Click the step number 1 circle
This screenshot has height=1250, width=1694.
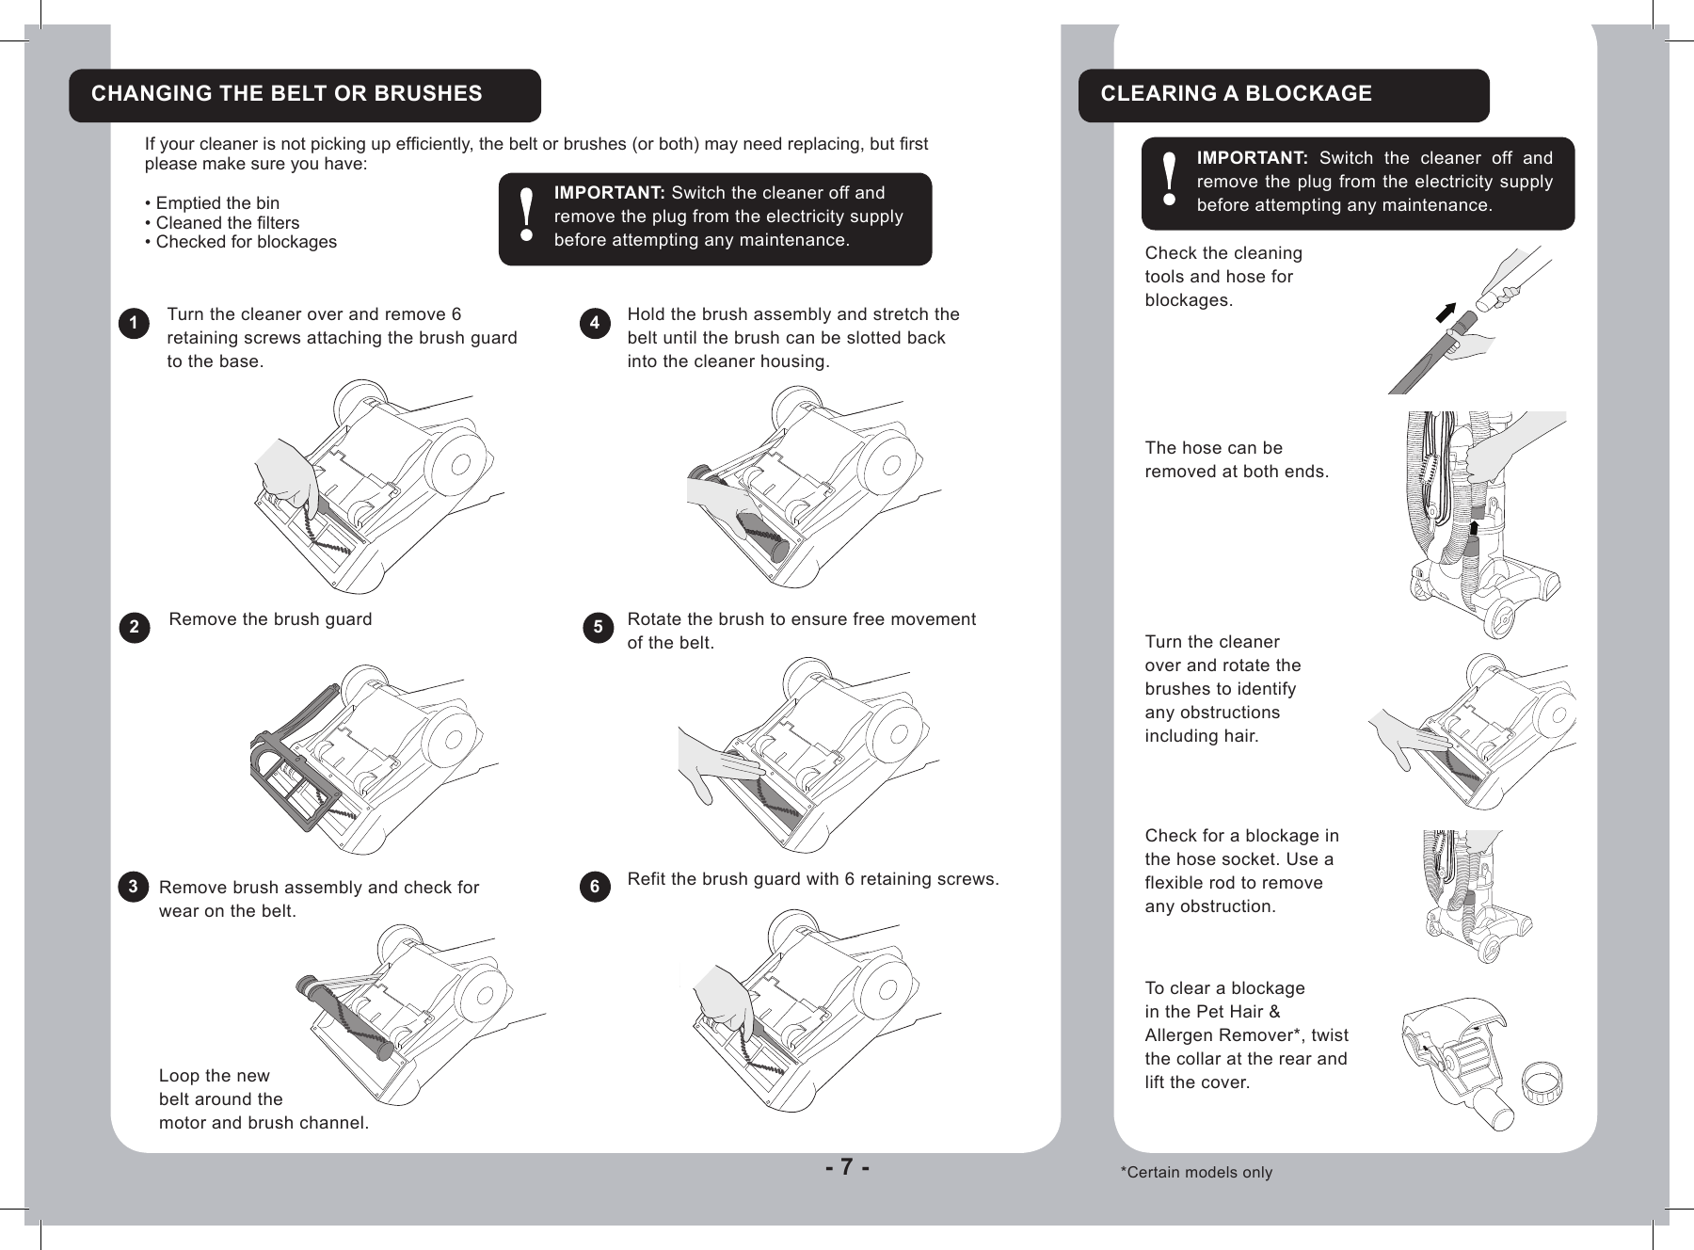coord(135,325)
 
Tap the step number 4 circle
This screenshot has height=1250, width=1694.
coord(594,325)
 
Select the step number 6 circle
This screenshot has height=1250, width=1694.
coord(594,889)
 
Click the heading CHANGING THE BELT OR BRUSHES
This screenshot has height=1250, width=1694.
coord(286,94)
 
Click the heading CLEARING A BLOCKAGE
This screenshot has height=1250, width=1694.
coord(1236,94)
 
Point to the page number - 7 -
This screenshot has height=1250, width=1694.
coord(847,1167)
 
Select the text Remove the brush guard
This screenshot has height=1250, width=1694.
coord(270,619)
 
